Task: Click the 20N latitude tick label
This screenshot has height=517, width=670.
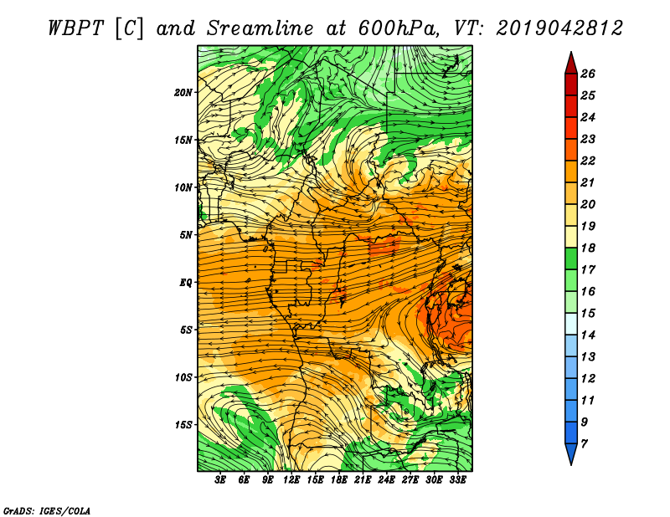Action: click(x=183, y=92)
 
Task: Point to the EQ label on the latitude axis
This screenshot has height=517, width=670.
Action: click(x=186, y=283)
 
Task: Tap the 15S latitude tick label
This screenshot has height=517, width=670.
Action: click(x=183, y=425)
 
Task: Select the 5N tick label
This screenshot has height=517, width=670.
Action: click(x=186, y=235)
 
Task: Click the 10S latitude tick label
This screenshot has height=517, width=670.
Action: click(x=183, y=377)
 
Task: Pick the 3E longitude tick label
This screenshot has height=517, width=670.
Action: click(x=220, y=479)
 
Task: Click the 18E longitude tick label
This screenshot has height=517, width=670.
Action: click(x=339, y=479)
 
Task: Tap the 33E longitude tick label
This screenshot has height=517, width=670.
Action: click(x=458, y=479)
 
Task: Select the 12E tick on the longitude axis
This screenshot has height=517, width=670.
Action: click(x=291, y=479)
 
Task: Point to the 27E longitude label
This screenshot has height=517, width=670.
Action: click(x=410, y=479)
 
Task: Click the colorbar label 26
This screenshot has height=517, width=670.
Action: click(x=588, y=74)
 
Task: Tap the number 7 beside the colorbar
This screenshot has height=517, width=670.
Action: click(x=584, y=443)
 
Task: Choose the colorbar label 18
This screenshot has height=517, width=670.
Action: click(x=588, y=248)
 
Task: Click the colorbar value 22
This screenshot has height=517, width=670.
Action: click(x=588, y=161)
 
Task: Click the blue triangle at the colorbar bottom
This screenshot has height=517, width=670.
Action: click(x=571, y=453)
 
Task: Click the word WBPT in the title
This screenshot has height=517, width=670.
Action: click(x=76, y=28)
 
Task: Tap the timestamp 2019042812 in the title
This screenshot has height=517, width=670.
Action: click(x=559, y=28)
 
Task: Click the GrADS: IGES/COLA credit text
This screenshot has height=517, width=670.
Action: click(x=47, y=510)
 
